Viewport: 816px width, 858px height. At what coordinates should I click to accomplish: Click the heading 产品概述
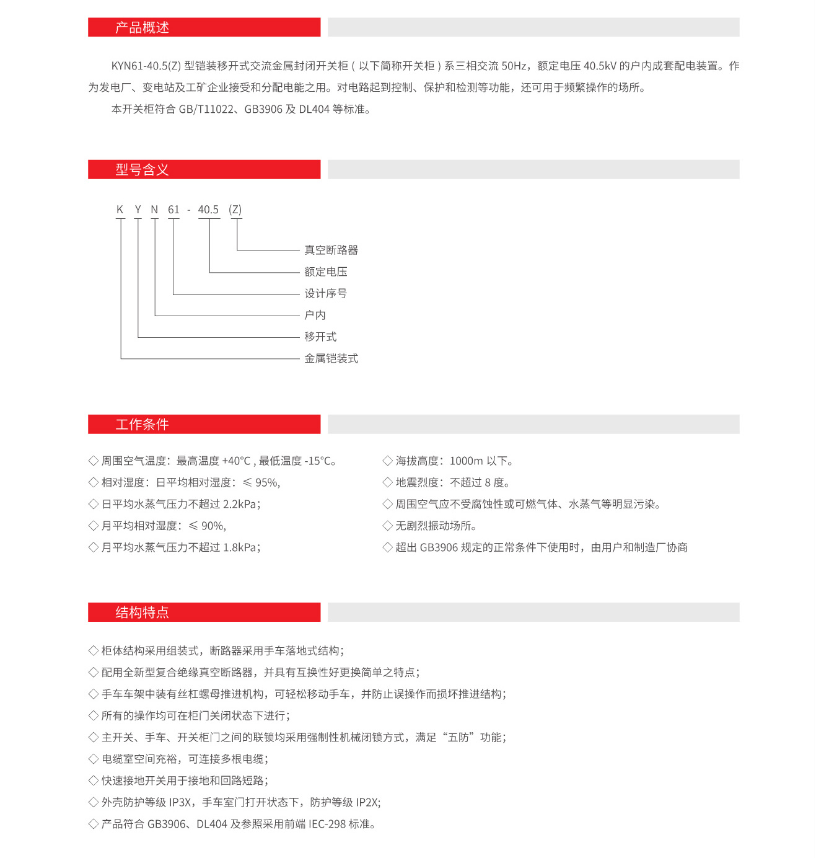(142, 27)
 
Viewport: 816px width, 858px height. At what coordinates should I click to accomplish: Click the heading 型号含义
(142, 170)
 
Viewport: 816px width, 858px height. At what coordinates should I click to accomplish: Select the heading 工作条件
(142, 425)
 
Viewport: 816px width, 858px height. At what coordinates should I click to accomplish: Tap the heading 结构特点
(142, 613)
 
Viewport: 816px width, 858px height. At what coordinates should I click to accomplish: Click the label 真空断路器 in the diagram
(331, 250)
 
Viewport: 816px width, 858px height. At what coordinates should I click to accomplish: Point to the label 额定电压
(325, 272)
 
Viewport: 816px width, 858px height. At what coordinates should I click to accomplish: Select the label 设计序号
(325, 294)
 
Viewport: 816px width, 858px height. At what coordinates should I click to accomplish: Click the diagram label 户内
(315, 316)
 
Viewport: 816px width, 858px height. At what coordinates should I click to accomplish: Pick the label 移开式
(320, 337)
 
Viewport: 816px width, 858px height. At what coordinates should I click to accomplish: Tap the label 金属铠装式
(331, 359)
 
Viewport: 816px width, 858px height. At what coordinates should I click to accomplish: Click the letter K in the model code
(120, 210)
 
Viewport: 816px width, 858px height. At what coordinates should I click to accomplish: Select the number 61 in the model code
(173, 210)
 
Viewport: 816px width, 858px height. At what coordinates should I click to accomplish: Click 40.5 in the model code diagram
(208, 210)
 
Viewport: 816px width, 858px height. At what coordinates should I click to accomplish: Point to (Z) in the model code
(235, 210)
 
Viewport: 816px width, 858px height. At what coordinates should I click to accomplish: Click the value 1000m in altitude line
(466, 461)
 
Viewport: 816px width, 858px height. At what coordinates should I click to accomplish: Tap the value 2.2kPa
(242, 505)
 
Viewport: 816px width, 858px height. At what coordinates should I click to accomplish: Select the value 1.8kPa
(242, 548)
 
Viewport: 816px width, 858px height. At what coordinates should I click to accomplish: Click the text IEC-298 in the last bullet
(327, 825)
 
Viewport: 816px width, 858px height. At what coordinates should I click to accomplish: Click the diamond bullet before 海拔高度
(388, 461)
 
